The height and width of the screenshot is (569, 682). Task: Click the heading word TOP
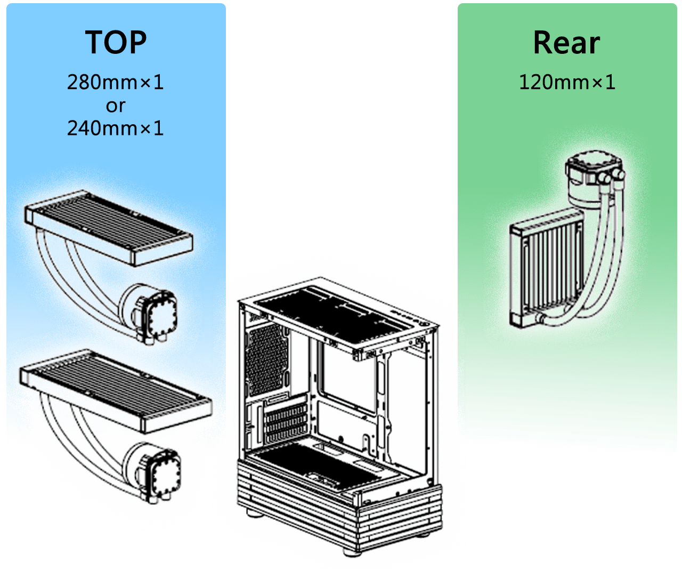(x=116, y=43)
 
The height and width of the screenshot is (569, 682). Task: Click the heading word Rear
(x=566, y=43)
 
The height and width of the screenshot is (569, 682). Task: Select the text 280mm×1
(x=115, y=82)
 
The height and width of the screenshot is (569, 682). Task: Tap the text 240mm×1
(x=115, y=128)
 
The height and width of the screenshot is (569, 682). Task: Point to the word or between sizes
(x=115, y=106)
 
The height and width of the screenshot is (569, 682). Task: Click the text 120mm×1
(x=566, y=82)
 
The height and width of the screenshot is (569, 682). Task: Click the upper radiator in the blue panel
(x=109, y=227)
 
